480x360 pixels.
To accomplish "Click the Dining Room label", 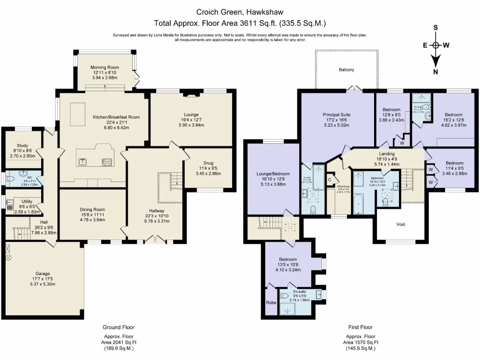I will tap(92, 210).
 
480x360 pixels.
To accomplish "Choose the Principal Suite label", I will tap(336, 114).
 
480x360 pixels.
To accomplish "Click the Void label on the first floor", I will tap(400, 224).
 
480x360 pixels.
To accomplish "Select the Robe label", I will tap(270, 302).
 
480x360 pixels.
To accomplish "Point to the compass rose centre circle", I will tap(435, 45).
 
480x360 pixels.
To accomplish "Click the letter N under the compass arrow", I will tap(435, 71).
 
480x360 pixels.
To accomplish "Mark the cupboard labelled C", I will tap(330, 179).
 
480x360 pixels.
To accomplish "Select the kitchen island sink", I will tap(82, 162).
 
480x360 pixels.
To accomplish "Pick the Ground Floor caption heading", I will tap(115, 327).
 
